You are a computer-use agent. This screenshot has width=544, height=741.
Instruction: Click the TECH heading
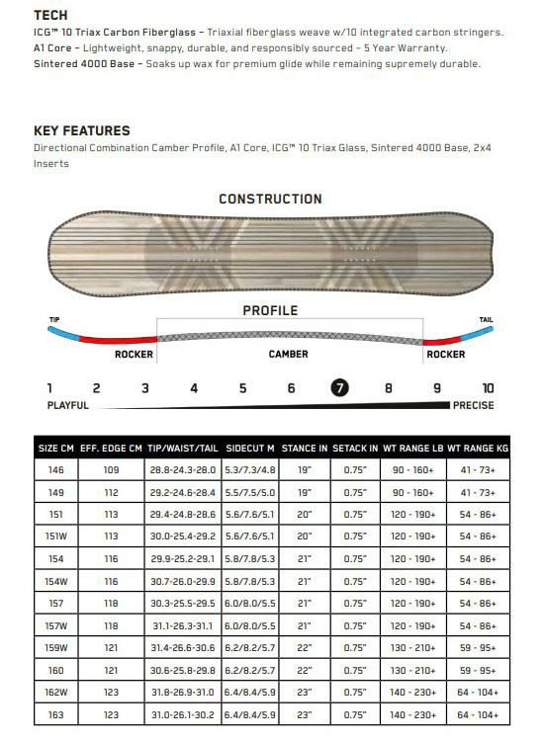coord(50,15)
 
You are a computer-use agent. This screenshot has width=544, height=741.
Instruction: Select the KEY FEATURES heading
coord(82,130)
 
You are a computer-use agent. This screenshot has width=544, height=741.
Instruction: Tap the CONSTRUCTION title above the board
coord(270,199)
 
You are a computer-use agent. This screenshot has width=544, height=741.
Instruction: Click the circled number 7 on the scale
coord(339,388)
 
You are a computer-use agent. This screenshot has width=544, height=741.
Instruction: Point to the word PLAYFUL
coord(67,405)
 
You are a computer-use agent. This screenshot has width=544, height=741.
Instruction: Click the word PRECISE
coord(473,405)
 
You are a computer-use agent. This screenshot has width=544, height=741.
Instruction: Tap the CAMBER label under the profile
coord(288,354)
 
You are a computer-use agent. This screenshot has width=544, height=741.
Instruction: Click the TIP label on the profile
coord(54,319)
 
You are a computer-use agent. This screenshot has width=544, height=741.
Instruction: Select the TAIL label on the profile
coord(486,319)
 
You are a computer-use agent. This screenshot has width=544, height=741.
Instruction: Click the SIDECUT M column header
coord(250,448)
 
